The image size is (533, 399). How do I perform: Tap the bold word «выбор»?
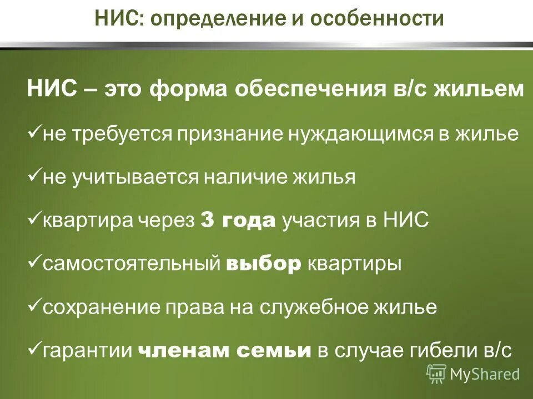[x=264, y=264]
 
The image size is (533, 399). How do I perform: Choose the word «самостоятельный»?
[x=132, y=264]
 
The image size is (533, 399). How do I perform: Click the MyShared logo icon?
[x=436, y=374]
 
